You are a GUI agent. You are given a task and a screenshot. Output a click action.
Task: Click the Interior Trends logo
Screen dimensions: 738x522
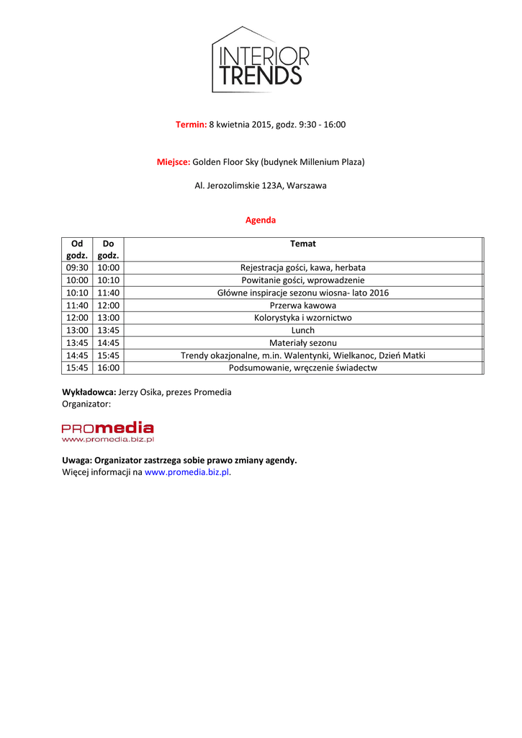(x=261, y=61)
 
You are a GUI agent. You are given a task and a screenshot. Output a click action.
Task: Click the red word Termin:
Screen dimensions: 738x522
(x=191, y=125)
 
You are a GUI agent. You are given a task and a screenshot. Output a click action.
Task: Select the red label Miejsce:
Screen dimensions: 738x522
(x=174, y=162)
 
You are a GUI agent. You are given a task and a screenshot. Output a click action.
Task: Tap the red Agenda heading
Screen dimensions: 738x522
(x=261, y=220)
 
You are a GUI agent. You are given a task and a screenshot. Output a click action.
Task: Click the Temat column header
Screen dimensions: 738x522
(x=302, y=244)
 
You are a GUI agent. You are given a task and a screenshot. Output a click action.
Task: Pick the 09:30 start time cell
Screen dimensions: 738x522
(x=77, y=267)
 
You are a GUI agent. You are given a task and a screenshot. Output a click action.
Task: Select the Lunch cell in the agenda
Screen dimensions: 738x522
(x=302, y=330)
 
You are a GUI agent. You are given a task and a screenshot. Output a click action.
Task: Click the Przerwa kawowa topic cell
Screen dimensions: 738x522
(x=302, y=305)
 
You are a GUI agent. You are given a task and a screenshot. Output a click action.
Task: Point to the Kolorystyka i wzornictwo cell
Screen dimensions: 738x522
(x=302, y=318)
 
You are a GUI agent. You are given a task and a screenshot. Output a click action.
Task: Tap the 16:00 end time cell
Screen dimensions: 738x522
(x=109, y=368)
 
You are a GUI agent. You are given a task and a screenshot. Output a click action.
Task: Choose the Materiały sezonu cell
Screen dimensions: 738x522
(x=302, y=343)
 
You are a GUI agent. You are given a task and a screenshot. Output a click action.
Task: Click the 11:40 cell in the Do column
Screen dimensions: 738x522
(x=109, y=293)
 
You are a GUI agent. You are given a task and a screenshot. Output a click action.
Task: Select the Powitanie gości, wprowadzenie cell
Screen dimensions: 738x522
(x=302, y=280)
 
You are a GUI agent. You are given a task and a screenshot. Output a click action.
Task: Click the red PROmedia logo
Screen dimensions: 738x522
(x=107, y=431)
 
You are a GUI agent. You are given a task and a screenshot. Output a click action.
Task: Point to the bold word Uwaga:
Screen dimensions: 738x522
(x=76, y=460)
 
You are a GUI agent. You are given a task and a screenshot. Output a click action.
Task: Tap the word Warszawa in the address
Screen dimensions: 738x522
(x=307, y=186)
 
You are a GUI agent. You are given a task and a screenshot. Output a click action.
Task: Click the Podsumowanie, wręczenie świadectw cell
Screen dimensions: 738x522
(x=302, y=368)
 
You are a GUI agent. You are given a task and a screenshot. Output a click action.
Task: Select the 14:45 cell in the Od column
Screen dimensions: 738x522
(x=77, y=355)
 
